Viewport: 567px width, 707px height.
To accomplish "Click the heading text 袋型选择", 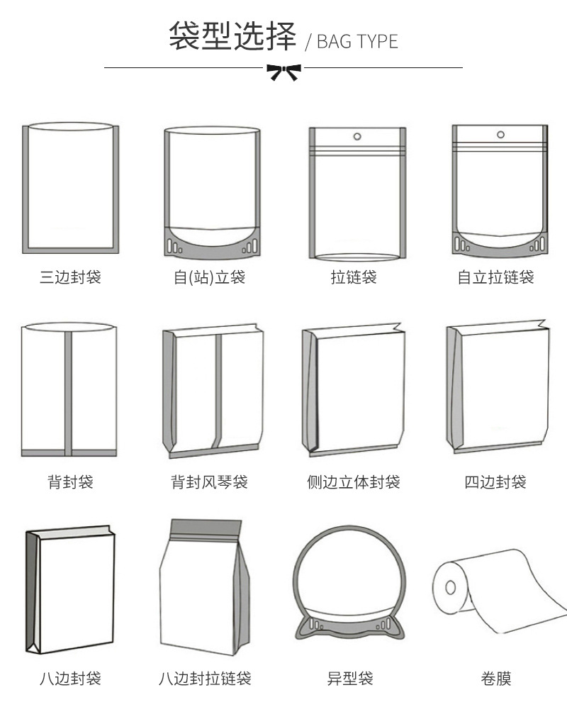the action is coord(232,36).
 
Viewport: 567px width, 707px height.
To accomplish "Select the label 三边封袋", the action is coord(70,277).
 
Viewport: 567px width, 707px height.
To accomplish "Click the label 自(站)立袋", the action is coord(210,277).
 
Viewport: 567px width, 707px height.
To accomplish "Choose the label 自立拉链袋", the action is coord(495,277).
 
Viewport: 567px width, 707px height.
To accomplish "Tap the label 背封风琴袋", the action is coord(210,482).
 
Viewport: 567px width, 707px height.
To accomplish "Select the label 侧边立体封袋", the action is coord(354,482).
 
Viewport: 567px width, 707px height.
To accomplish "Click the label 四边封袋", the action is coord(495,482).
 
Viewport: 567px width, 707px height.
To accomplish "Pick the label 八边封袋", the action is coord(70,679).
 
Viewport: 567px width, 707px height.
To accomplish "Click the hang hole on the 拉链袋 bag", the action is coord(357,135).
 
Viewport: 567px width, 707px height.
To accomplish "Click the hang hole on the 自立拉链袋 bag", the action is coord(500,134).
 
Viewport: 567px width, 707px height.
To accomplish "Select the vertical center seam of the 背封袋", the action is coord(69,390).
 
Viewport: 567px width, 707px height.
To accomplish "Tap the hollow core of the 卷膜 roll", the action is coord(449,588).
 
